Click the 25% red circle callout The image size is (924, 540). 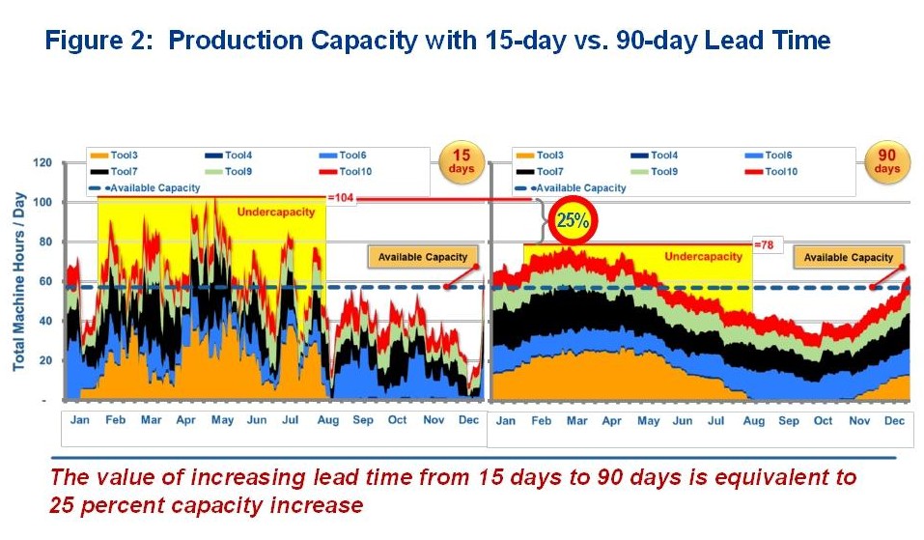(573, 220)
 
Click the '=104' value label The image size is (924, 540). (340, 197)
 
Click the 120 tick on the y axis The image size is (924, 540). (41, 162)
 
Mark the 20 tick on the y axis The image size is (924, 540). (43, 360)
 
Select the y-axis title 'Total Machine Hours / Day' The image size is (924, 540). (18, 281)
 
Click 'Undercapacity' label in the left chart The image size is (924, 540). (276, 212)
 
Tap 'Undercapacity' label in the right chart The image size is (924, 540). (703, 256)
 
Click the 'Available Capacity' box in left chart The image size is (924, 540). (422, 257)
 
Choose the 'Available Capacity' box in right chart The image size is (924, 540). (849, 257)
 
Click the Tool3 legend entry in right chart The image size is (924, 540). (548, 156)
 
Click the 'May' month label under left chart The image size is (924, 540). (222, 420)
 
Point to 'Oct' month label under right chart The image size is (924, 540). (823, 420)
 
